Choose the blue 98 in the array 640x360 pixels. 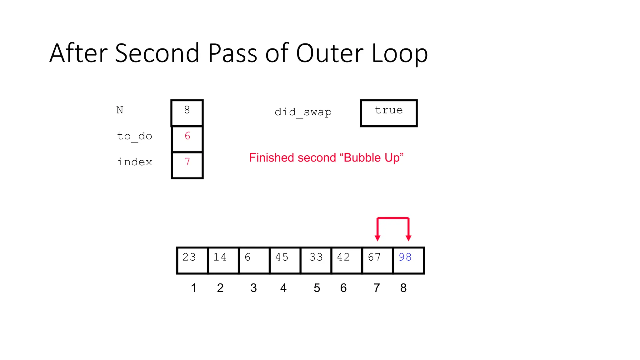[405, 257]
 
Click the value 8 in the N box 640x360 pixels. [187, 110]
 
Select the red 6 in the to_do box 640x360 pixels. [187, 136]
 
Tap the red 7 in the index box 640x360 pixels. [187, 162]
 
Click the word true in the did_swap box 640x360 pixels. [389, 110]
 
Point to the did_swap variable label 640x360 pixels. [303, 112]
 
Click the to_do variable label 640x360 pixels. [134, 137]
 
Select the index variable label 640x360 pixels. [134, 162]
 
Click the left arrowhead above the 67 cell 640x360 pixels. [377, 238]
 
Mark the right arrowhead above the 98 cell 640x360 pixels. [408, 238]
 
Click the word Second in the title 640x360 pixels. [157, 53]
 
